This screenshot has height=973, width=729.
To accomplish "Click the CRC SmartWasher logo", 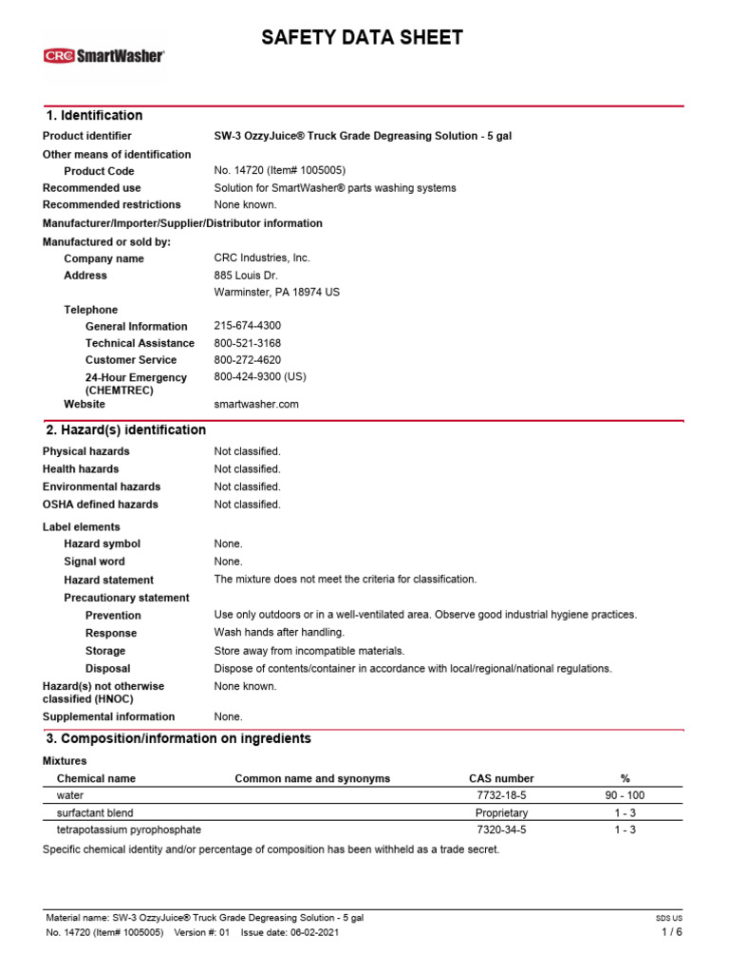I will (x=103, y=56).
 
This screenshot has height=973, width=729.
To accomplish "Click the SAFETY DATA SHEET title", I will (x=363, y=38).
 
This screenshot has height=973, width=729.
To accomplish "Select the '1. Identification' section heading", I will (x=94, y=116).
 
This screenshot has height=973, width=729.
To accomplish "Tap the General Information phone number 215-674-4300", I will (x=248, y=326).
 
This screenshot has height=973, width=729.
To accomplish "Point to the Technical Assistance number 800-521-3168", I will (x=248, y=343).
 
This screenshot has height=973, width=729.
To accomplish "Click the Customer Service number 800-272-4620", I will (x=248, y=360).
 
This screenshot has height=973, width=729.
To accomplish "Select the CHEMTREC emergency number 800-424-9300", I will (x=260, y=377).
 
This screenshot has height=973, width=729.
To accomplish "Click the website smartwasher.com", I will (x=256, y=404).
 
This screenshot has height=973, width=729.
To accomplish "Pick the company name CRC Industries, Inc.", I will (x=262, y=258).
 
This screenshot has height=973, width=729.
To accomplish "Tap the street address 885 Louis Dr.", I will (x=246, y=276).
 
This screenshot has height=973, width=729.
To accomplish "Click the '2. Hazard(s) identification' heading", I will (x=125, y=430).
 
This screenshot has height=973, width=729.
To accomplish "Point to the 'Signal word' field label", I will (x=94, y=562).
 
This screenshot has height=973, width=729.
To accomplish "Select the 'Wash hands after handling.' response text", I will (x=279, y=633).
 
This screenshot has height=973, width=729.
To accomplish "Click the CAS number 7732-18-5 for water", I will (x=501, y=795).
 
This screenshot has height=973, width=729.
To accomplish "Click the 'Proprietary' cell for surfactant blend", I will (x=501, y=813).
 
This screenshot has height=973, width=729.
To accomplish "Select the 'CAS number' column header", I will (x=501, y=778).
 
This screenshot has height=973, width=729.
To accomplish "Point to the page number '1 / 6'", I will (x=671, y=932).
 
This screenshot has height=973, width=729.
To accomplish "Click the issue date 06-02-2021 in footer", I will (x=306, y=933).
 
